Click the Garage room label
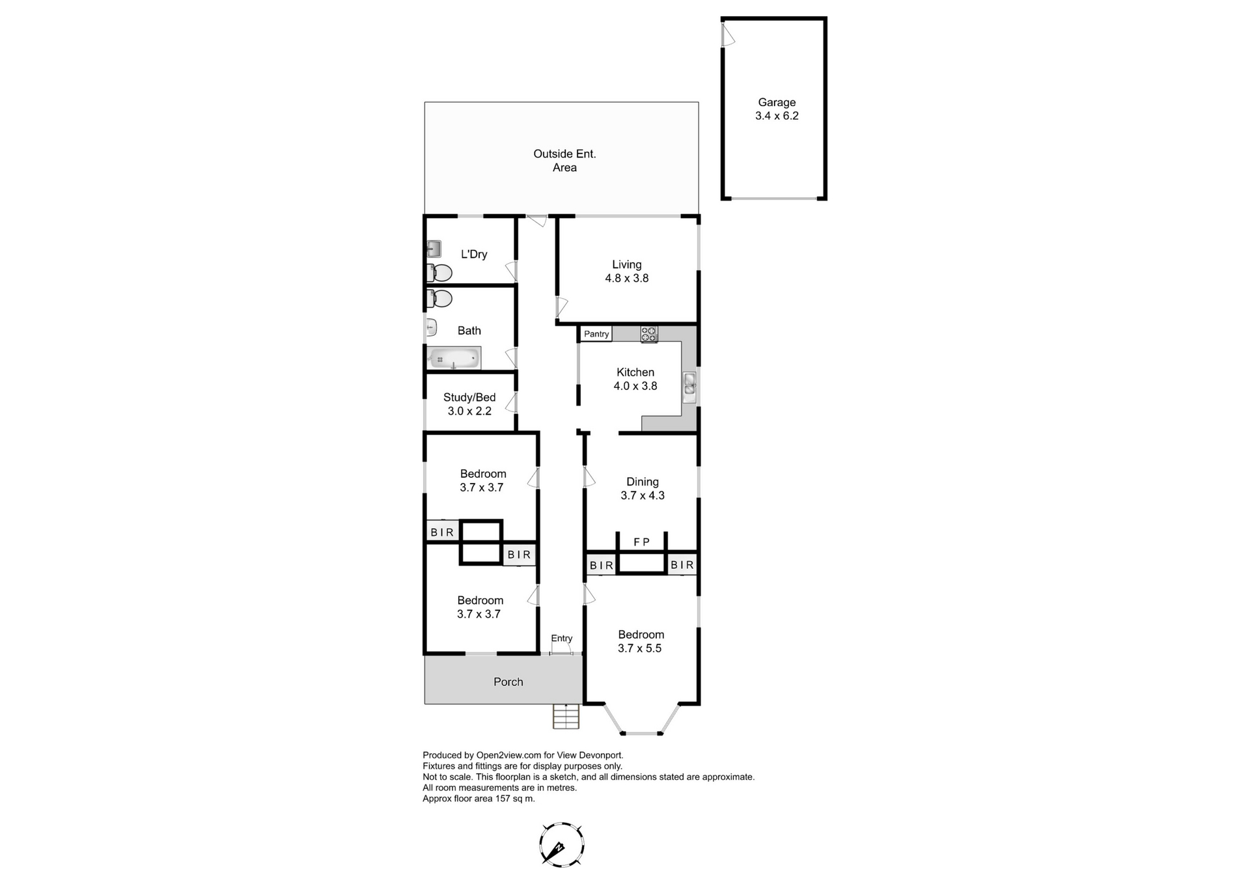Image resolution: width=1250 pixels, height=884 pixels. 777,102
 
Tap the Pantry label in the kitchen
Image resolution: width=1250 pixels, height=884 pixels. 596,334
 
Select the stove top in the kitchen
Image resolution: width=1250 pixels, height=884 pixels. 649,334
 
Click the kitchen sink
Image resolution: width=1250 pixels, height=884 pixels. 689,387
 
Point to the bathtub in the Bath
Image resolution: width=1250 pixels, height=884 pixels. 454,359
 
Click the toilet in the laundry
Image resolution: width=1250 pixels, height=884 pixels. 440,272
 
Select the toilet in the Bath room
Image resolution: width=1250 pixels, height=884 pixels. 440,299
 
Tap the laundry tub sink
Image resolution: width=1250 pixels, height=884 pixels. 434,249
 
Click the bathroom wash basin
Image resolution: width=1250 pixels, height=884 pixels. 431,327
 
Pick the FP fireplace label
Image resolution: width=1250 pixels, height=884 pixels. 642,542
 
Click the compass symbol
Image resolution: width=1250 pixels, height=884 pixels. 561,844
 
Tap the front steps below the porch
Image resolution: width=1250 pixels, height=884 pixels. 566,717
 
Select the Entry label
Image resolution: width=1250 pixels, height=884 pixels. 562,639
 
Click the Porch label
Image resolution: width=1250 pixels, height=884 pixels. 508,682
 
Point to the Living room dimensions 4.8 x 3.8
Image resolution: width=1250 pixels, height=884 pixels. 627,278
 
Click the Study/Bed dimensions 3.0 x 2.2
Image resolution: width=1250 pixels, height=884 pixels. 469,411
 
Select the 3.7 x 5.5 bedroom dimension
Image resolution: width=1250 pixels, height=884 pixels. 639,648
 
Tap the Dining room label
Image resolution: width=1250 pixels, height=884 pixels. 643,482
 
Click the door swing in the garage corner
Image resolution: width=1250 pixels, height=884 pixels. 729,34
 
